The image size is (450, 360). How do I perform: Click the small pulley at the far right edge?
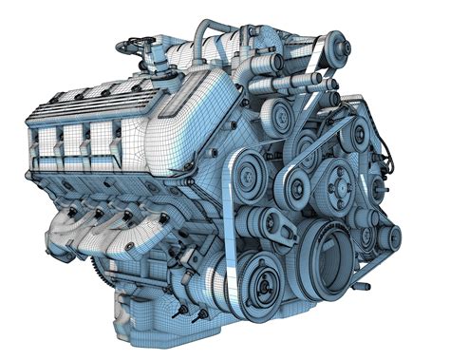tap(387, 237)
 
